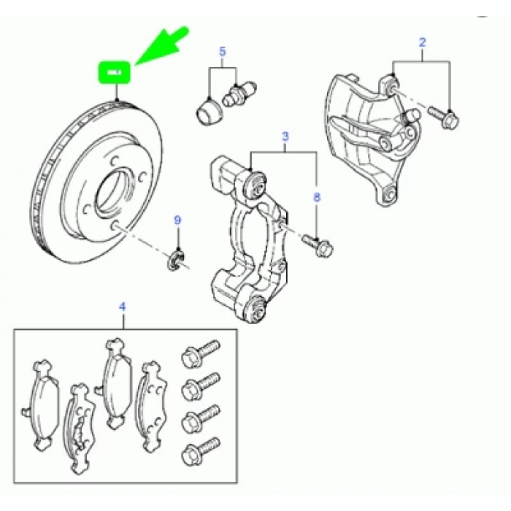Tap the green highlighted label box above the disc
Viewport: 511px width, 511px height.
click(x=115, y=72)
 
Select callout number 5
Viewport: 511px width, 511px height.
click(x=223, y=51)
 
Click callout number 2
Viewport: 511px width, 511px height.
click(x=421, y=43)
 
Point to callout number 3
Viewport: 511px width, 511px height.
click(x=285, y=137)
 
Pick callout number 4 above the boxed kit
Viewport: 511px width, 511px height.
click(x=123, y=307)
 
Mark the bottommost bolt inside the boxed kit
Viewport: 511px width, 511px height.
click(x=202, y=447)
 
